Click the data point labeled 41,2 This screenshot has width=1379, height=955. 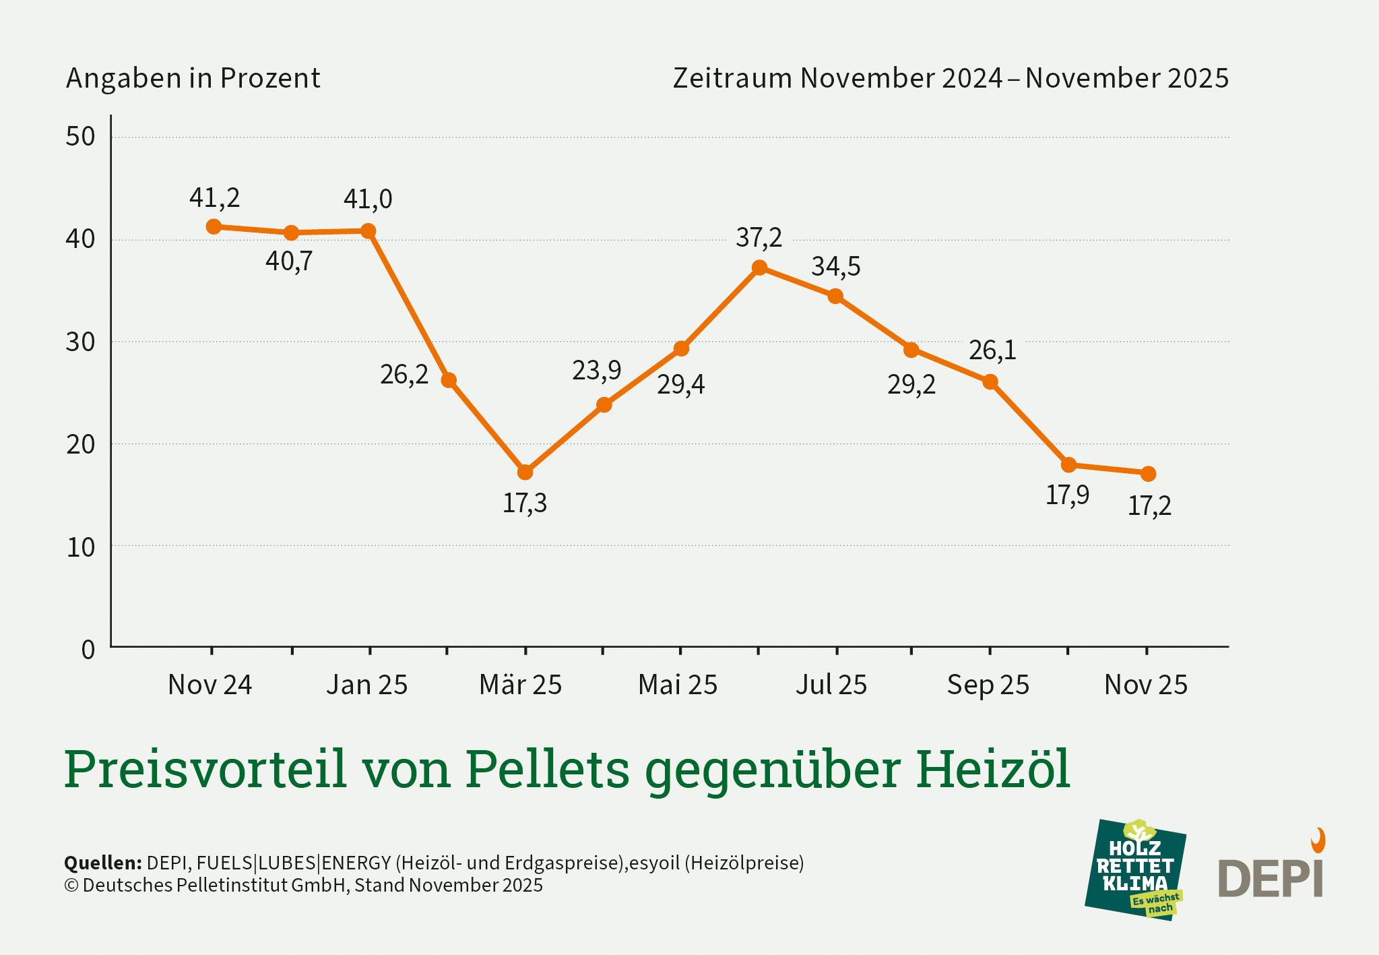pos(214,226)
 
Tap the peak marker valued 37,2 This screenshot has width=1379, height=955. pos(759,268)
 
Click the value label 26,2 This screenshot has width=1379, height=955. pos(404,375)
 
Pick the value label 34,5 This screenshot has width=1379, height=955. pos(835,266)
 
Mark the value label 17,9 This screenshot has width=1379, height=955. pos(1067,495)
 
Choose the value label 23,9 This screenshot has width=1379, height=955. pos(596,370)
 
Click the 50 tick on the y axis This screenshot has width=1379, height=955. pos(80,137)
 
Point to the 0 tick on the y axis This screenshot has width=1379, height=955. pos(88,650)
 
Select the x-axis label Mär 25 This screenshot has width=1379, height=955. pos(520,685)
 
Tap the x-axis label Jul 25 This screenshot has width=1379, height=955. pos(831,685)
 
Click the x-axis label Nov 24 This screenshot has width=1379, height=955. pos(210,685)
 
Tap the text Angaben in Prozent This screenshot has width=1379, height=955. pos(193,78)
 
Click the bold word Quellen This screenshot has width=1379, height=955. pos(102,863)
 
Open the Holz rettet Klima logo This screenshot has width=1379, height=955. pos(1135,870)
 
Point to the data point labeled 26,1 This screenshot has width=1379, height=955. pos(990,382)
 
